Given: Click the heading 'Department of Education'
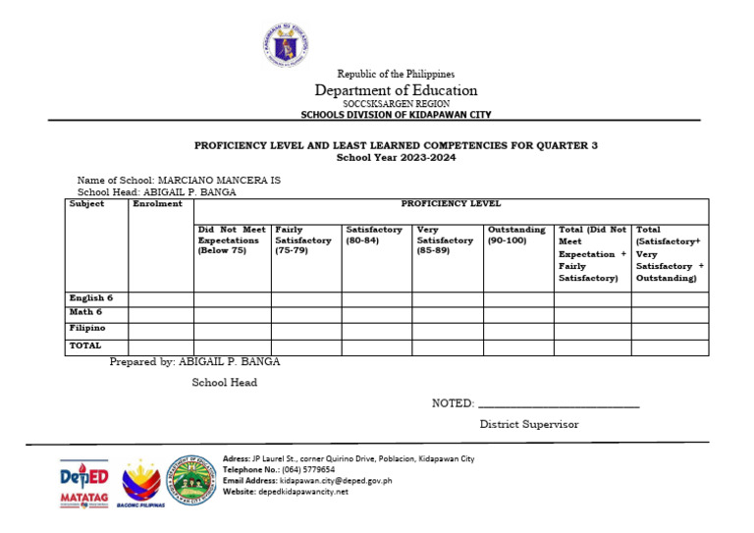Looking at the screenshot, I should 396,90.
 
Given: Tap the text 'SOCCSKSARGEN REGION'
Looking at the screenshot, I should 396,103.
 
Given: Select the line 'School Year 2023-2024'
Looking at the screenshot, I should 396,157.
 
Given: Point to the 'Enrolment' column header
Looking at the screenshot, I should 157,204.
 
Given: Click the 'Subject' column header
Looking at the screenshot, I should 87,204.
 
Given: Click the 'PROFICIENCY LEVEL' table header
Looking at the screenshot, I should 451,204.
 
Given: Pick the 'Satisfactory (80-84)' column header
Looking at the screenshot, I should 374,236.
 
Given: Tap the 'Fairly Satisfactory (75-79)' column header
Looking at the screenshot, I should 303,240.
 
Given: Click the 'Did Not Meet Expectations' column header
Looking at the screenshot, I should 232,240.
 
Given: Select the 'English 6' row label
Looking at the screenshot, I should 91,297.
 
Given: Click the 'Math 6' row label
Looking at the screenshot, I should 85,312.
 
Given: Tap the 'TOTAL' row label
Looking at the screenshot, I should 84,346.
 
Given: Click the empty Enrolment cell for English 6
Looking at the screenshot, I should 160,298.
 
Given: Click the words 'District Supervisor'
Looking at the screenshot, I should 528,424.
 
